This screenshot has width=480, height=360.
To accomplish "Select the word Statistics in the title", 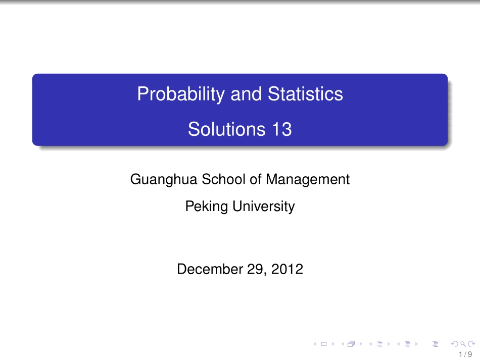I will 305,94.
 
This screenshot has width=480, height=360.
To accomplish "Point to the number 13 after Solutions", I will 282,130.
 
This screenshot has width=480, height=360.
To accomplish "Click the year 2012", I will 287,270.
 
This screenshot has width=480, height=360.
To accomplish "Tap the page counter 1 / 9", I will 467,354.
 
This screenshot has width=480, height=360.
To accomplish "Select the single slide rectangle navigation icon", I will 324,344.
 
